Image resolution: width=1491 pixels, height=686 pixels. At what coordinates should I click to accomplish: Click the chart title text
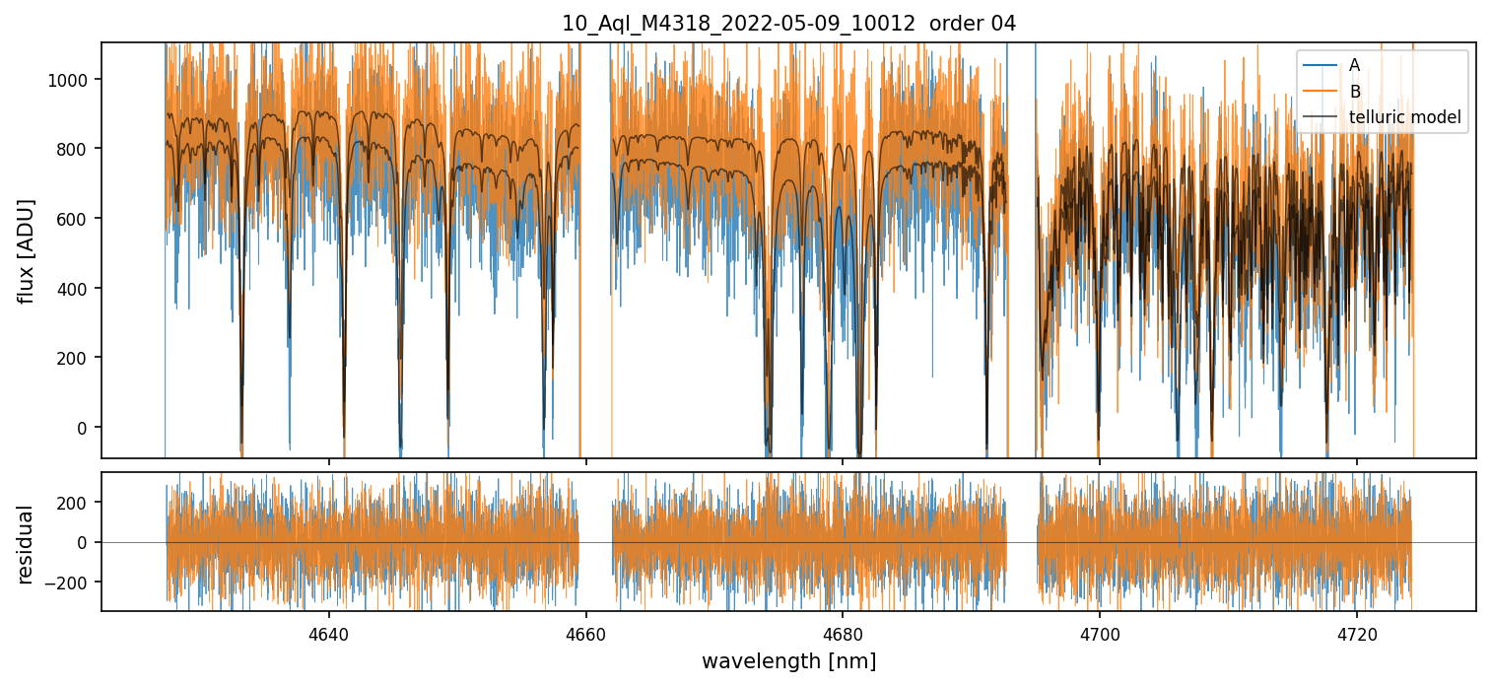[788, 24]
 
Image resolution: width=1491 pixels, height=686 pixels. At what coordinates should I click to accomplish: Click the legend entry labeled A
[1354, 65]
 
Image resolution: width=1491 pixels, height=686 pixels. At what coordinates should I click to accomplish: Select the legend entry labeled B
[1354, 92]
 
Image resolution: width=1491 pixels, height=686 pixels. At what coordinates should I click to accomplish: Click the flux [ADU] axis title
[27, 250]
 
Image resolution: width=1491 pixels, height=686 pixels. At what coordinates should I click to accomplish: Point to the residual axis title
[27, 544]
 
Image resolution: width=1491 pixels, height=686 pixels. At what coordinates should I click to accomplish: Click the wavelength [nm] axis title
[788, 660]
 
